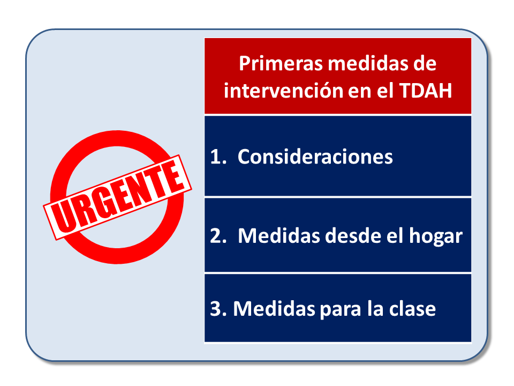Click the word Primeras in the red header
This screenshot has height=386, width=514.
(279, 64)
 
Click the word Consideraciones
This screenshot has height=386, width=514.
(315, 157)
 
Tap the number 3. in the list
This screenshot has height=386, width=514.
(217, 309)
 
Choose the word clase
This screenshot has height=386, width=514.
(412, 309)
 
